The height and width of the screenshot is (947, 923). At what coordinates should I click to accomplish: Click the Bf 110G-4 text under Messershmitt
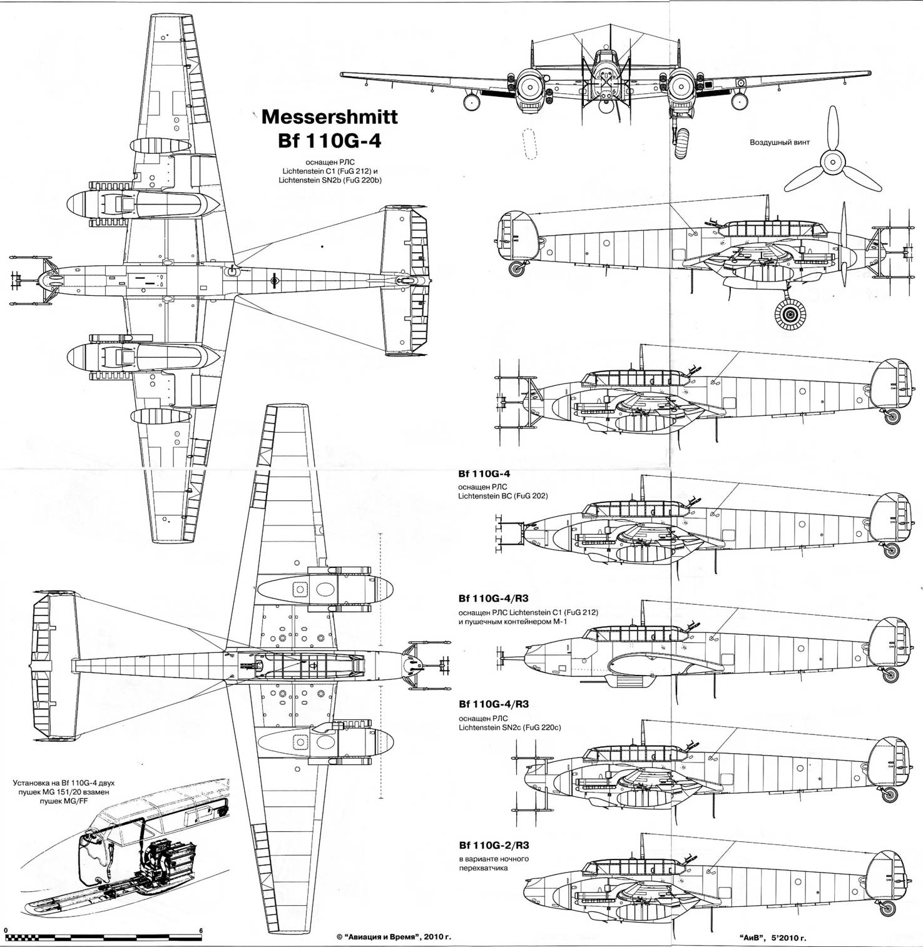coord(329,141)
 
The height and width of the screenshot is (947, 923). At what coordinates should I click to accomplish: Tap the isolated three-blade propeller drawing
coord(832,160)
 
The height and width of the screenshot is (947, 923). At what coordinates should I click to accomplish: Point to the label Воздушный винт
coord(780,142)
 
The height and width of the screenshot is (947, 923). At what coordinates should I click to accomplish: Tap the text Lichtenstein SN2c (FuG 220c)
coord(509,728)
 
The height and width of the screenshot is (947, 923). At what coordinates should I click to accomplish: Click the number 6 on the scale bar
coord(201,930)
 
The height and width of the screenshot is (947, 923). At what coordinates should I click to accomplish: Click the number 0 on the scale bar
coord(5,930)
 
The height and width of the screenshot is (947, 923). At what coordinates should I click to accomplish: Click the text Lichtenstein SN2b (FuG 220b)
coord(331,180)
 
